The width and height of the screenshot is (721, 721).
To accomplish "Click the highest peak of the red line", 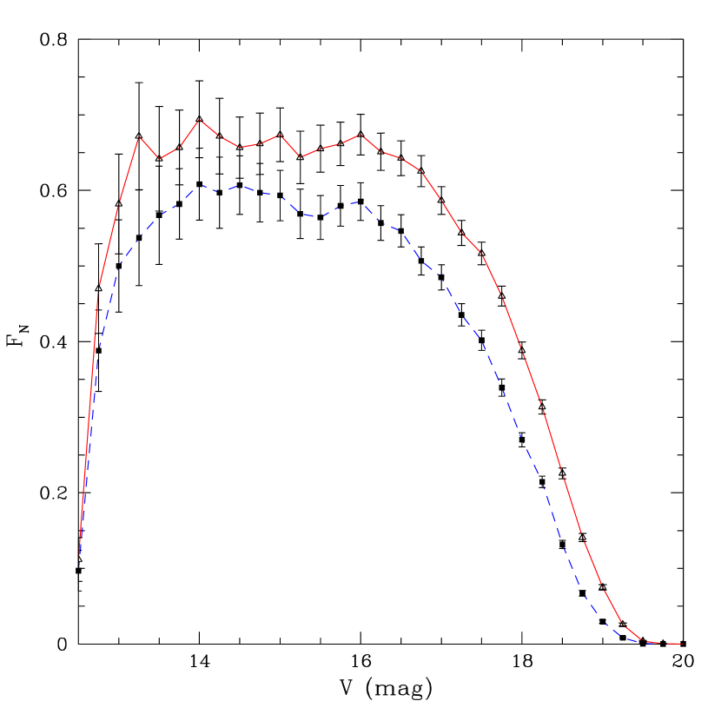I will [x=200, y=120].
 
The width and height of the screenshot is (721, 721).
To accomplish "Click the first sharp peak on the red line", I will [x=140, y=137].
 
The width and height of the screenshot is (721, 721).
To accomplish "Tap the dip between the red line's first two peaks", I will [x=160, y=159].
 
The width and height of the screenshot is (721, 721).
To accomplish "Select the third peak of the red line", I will [x=280, y=135].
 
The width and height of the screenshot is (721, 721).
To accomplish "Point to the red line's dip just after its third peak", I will [x=300, y=157].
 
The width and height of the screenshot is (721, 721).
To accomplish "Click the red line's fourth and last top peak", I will [x=360, y=135].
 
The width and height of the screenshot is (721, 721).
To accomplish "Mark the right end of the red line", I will [x=683, y=644].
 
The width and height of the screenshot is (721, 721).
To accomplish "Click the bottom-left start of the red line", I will [x=80, y=556].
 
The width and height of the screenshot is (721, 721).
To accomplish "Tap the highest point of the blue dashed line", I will [x=202, y=185].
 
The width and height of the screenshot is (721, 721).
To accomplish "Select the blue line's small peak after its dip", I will [x=360, y=202].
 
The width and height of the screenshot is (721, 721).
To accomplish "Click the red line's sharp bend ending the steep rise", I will [x=100, y=287].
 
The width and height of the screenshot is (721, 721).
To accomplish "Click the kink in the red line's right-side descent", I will [x=480, y=253].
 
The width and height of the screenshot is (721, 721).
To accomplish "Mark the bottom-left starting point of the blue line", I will [x=80, y=565].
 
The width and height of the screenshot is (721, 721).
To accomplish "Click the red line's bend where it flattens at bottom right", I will [x=624, y=625].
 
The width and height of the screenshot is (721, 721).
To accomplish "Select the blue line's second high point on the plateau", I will [x=241, y=185].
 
